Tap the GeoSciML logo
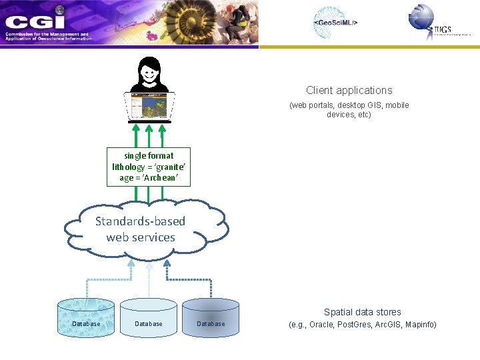pyautogui.click(x=335, y=23)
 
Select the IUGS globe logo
pyautogui.click(x=422, y=17)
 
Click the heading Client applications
pyautogui.click(x=349, y=91)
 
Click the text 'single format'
pyautogui.click(x=149, y=156)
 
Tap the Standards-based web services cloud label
pyautogui.click(x=141, y=229)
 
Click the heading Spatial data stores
pyautogui.click(x=363, y=312)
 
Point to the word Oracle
pyautogui.click(x=321, y=325)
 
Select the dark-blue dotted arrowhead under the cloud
pyautogui.click(x=167, y=264)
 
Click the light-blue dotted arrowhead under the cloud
pyautogui.click(x=131, y=264)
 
